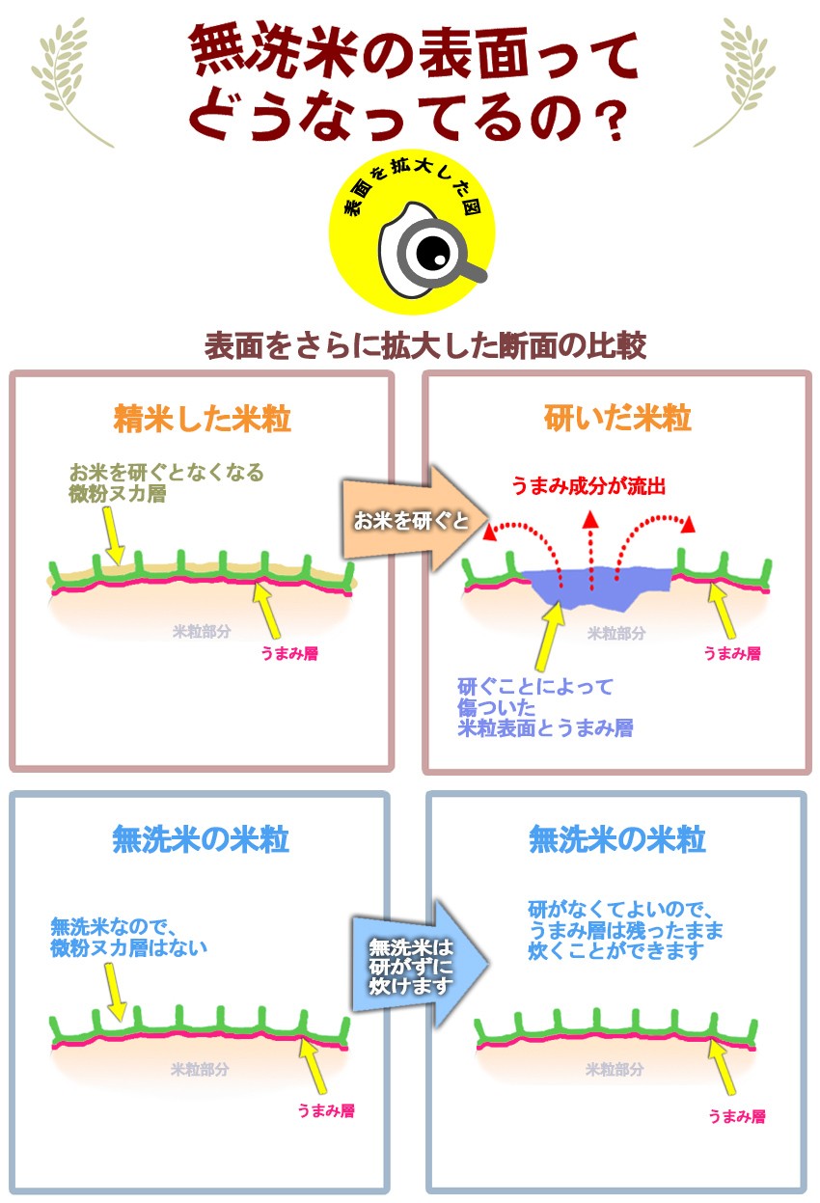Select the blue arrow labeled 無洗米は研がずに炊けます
point(420,965)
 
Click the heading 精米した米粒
point(202,419)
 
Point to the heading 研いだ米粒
point(617,419)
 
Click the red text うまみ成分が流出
point(588,485)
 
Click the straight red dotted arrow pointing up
point(590,551)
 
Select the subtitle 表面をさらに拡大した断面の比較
point(424,346)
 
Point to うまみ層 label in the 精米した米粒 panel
point(289,653)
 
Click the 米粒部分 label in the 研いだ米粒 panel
point(615,633)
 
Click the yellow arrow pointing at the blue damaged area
point(550,636)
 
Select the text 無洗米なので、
point(113,926)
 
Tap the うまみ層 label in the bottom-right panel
point(737,1117)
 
